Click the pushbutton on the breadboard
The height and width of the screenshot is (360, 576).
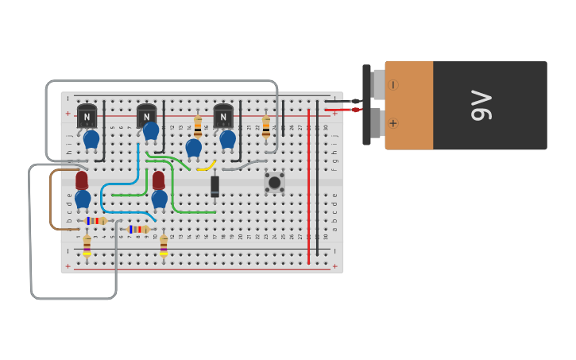point(274,183)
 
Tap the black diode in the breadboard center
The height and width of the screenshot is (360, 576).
point(215,186)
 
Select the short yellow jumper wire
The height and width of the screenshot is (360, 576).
point(207,167)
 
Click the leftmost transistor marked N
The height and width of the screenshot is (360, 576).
point(87,116)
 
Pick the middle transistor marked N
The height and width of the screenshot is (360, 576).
point(146,116)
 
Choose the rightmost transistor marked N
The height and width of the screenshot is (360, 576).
point(223,116)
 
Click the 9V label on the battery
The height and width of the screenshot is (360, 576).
point(481,105)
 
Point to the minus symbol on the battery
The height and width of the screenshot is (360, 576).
point(393,84)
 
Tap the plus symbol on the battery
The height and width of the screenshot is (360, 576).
point(393,123)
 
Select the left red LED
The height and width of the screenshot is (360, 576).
point(82,180)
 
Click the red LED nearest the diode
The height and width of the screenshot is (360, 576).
point(159,180)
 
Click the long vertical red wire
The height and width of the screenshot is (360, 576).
point(308,187)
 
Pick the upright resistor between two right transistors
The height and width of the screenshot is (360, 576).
point(198,126)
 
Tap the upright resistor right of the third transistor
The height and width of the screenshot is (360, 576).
point(266,126)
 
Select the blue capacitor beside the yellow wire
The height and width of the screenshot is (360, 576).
point(193,148)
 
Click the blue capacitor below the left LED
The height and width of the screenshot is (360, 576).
point(83,199)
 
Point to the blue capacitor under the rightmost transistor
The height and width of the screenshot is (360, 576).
point(228,139)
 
